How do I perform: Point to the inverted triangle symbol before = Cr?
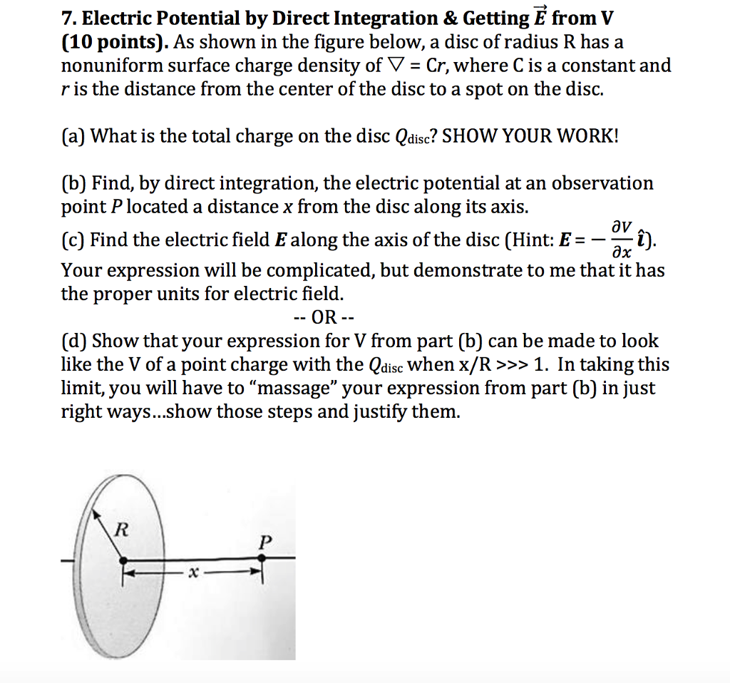click(395, 66)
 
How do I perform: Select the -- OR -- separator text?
click(324, 317)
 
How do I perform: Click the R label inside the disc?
click(123, 528)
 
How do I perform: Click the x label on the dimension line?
click(190, 572)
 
